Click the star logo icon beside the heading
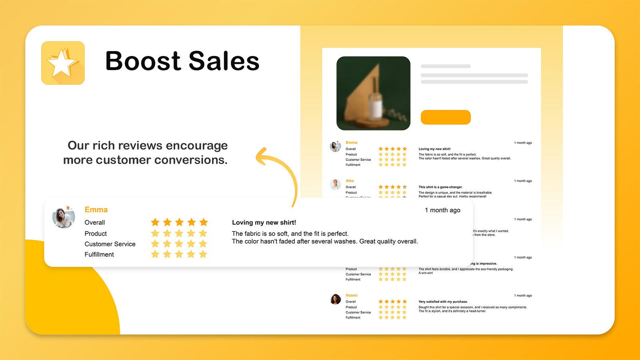pyautogui.click(x=63, y=63)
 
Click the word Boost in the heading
pyautogui.click(x=143, y=61)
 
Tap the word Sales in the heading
pyautogui.click(x=224, y=61)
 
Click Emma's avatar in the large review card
pyautogui.click(x=64, y=218)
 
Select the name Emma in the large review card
pyautogui.click(x=96, y=210)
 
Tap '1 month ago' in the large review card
pyautogui.click(x=442, y=210)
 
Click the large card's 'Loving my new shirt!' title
pyautogui.click(x=264, y=222)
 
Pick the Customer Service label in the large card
pyautogui.click(x=110, y=244)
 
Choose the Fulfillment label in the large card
pyautogui.click(x=99, y=254)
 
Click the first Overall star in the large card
pyautogui.click(x=155, y=222)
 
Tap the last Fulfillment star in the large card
pyautogui.click(x=203, y=254)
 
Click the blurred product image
pyautogui.click(x=373, y=93)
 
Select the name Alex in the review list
pyautogui.click(x=350, y=181)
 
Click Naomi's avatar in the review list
pyautogui.click(x=336, y=299)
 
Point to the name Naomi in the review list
pyautogui.click(x=352, y=295)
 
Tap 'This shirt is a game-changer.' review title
pyautogui.click(x=440, y=187)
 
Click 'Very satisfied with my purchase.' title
pyautogui.click(x=443, y=302)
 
